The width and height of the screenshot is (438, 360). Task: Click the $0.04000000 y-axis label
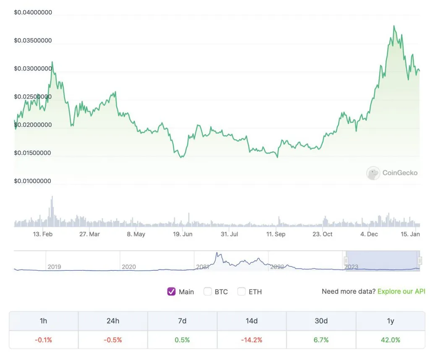tap(33, 13)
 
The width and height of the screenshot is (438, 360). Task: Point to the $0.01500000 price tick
tap(33, 153)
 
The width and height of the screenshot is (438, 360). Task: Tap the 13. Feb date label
tap(43, 234)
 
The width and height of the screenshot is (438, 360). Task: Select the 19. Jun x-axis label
tap(182, 234)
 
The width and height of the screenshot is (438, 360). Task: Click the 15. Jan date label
tap(410, 234)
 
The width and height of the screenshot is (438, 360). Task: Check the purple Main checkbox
tap(171, 292)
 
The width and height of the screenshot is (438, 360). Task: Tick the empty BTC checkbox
tap(208, 292)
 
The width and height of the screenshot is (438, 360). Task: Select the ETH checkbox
tap(242, 292)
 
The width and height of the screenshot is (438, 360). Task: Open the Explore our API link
tap(401, 291)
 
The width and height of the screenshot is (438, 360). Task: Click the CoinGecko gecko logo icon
tap(373, 173)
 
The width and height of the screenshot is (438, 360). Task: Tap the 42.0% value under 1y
tap(391, 340)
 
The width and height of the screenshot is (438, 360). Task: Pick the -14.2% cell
tap(252, 340)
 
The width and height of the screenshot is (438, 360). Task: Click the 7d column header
tap(182, 321)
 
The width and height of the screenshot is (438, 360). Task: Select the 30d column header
tap(321, 321)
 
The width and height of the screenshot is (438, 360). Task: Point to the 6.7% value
tap(321, 340)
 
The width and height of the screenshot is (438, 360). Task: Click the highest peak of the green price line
tap(394, 26)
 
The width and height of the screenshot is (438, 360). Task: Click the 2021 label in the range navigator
tap(203, 267)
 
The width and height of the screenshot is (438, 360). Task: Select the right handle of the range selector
tap(420, 261)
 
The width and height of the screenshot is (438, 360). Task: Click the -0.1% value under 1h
tap(44, 340)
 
